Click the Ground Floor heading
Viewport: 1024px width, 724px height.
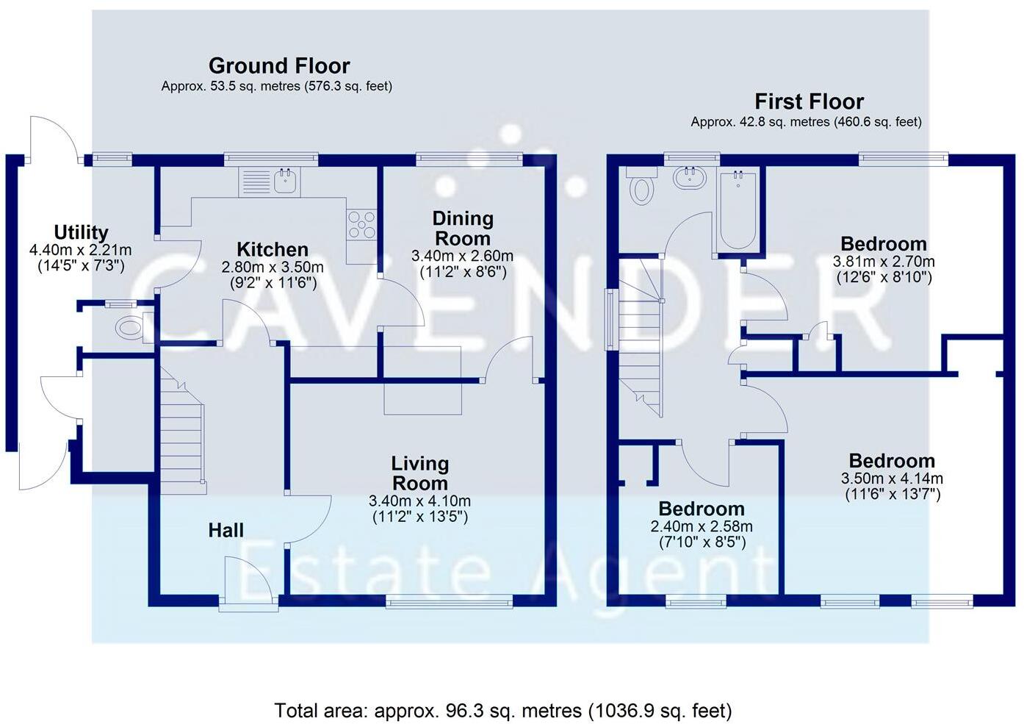(279, 66)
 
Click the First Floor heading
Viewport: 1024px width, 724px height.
(809, 101)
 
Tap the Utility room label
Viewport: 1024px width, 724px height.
(81, 233)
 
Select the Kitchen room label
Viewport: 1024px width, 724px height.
(272, 249)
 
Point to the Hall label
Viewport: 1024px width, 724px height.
(226, 530)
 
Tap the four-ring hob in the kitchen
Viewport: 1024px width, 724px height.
(361, 225)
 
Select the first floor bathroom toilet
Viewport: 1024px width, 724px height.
(642, 185)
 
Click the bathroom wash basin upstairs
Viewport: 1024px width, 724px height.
(689, 177)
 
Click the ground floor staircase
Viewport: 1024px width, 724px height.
(181, 434)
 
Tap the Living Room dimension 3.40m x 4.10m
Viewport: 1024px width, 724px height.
(419, 501)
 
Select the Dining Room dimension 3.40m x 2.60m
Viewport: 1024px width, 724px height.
(462, 257)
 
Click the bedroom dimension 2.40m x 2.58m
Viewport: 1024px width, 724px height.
(701, 527)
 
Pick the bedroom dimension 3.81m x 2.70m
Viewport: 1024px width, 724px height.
(883, 262)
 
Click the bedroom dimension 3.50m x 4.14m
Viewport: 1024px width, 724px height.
(892, 479)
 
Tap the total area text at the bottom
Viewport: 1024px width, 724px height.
(503, 711)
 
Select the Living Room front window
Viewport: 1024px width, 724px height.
(449, 603)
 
